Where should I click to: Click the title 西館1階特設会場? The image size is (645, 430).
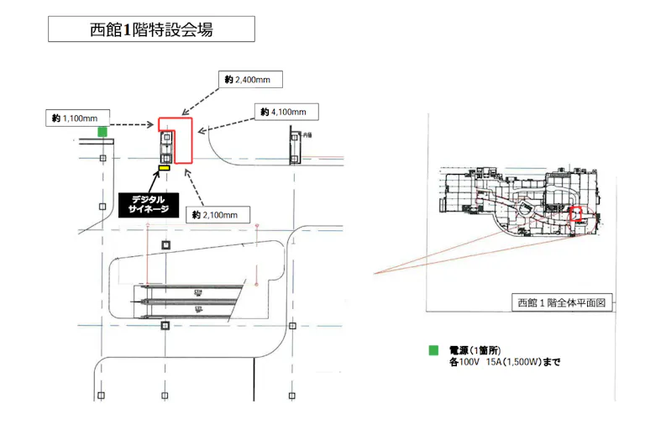tap(150, 29)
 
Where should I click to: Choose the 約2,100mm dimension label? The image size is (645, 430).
tap(220, 215)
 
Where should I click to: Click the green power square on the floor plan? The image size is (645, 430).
tap(102, 131)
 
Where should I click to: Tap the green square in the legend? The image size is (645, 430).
tap(433, 350)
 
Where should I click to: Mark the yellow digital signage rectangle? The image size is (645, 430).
tap(164, 169)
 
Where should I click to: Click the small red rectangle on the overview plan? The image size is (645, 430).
tap(576, 213)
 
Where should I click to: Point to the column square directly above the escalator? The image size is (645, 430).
tap(165, 244)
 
